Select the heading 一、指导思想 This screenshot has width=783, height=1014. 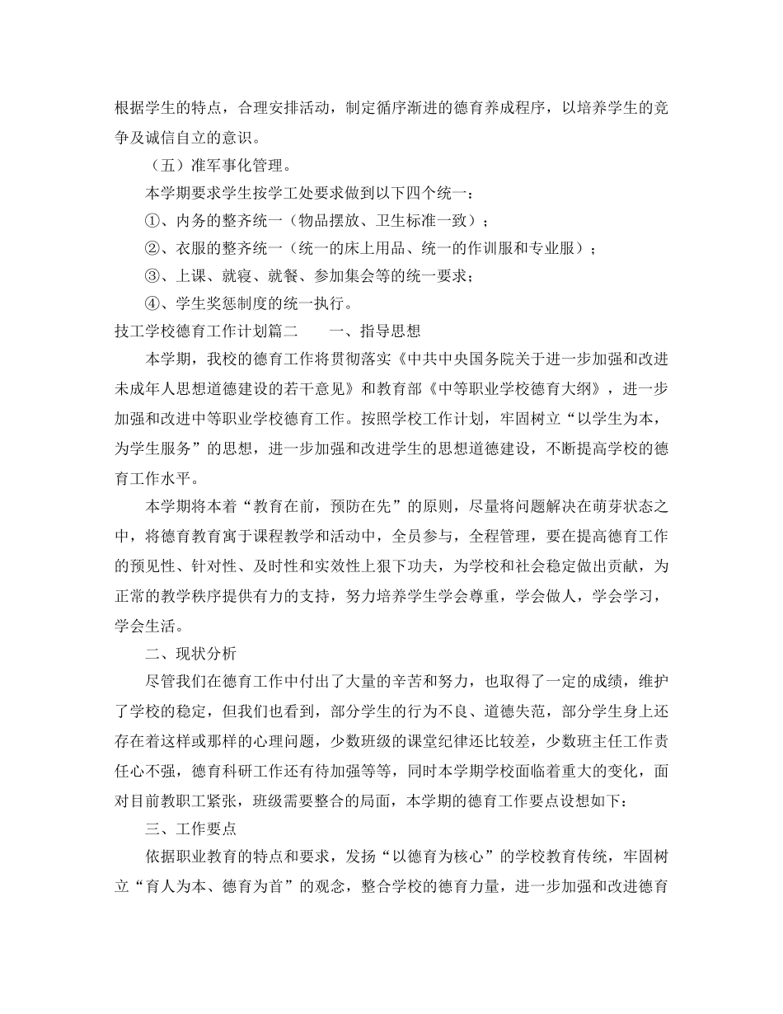coord(374,331)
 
